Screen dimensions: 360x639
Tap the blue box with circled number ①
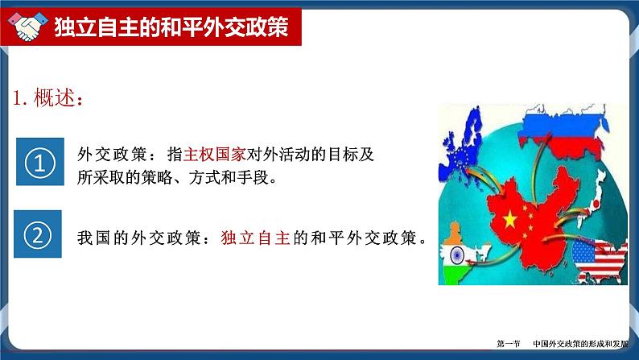pos(39,163)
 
